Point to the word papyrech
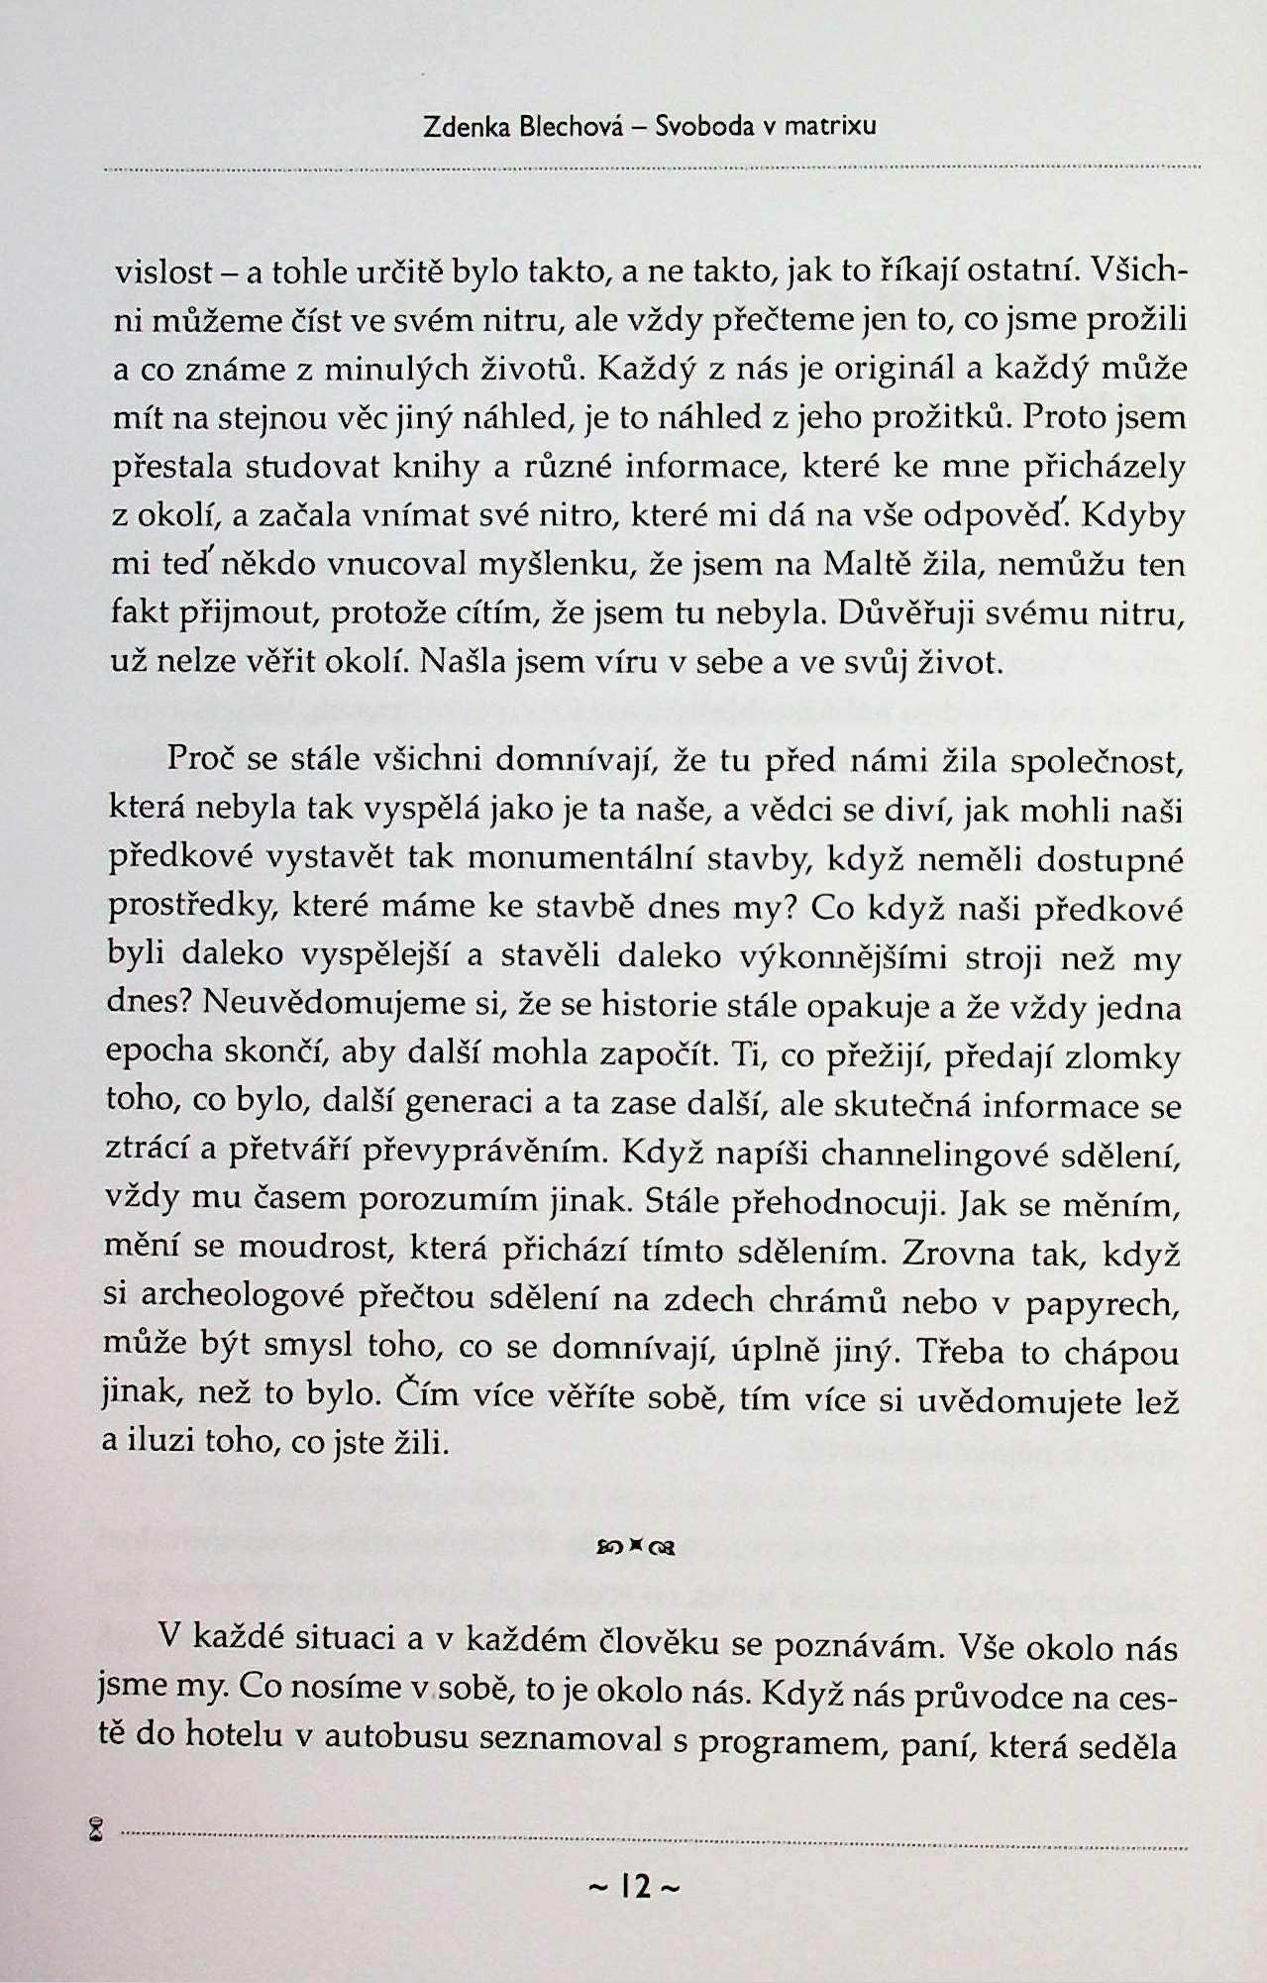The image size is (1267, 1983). click(1103, 1303)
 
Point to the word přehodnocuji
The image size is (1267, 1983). click(833, 1203)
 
